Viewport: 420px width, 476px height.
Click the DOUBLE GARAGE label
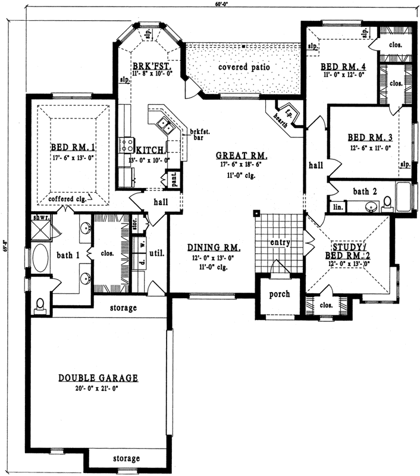[x=98, y=378]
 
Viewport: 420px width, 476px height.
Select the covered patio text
[x=244, y=67]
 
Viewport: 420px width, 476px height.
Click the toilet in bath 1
[x=40, y=305]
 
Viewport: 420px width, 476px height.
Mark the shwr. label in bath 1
[x=40, y=218]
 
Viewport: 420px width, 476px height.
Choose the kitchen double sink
[x=165, y=126]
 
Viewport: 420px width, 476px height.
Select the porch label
[x=280, y=294]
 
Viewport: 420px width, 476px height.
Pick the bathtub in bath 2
[x=403, y=197]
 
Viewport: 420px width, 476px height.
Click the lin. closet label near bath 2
[x=337, y=206]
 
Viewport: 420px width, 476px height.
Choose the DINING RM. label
[x=214, y=248]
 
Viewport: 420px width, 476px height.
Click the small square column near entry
[x=255, y=212]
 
